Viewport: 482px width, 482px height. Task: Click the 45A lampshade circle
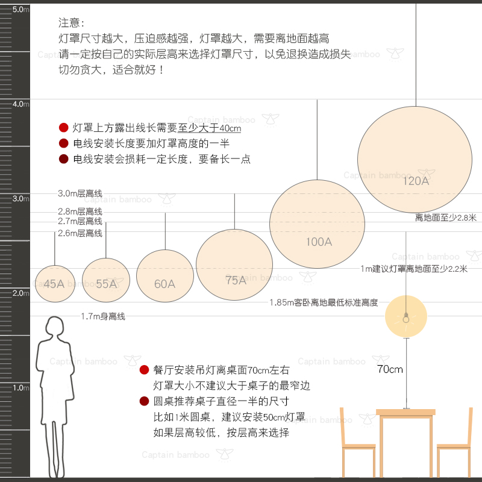tap(54, 283)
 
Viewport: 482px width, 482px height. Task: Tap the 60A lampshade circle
tap(164, 278)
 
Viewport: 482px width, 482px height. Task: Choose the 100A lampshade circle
tap(317, 224)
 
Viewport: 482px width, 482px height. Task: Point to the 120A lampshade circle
tap(415, 159)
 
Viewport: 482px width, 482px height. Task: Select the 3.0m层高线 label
tap(80, 194)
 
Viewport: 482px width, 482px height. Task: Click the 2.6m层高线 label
tap(80, 233)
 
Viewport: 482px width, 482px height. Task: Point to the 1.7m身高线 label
tap(103, 316)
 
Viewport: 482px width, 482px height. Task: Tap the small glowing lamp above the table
tap(406, 317)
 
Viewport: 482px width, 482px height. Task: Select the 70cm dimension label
tap(390, 369)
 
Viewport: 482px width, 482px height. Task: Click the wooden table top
tap(405, 413)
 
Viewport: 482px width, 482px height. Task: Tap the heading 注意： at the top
tap(72, 23)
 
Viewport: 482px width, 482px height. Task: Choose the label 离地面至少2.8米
tap(446, 218)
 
